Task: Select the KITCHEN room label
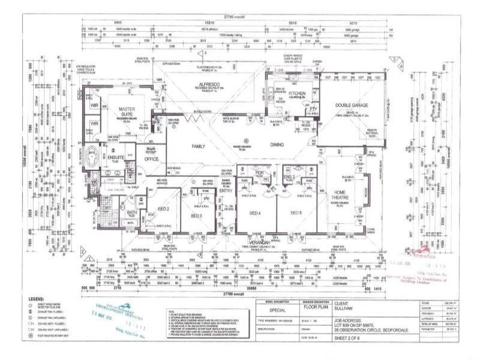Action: (x=297, y=94)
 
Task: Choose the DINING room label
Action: (x=277, y=145)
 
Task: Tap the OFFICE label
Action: (x=152, y=158)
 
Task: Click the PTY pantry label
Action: (x=313, y=109)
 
